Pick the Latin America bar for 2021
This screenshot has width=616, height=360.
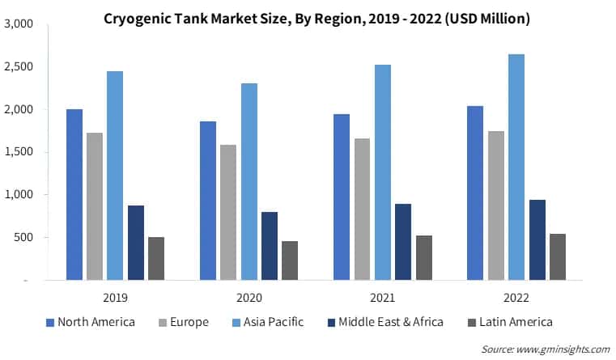(x=423, y=258)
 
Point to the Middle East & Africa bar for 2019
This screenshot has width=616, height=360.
(x=136, y=243)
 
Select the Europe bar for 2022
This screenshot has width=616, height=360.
(x=496, y=205)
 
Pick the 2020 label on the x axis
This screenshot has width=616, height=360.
(x=249, y=297)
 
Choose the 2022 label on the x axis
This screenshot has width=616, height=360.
(x=516, y=297)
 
